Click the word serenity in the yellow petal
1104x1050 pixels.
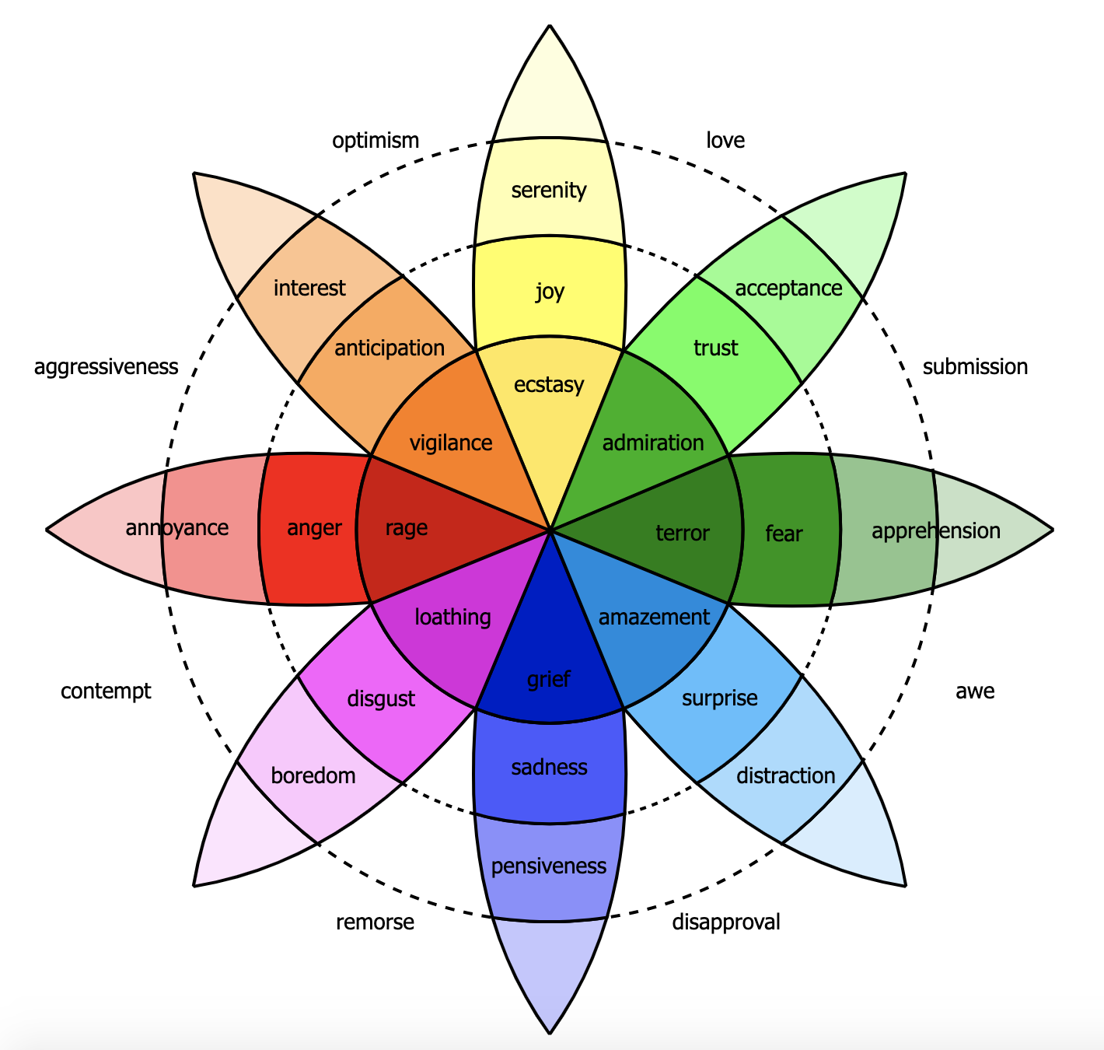tap(549, 190)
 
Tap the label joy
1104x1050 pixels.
tap(550, 292)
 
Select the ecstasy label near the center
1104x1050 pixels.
tap(549, 384)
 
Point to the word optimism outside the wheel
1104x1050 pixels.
tap(376, 141)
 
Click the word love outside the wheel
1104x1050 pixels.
tap(725, 141)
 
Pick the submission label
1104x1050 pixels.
tap(975, 366)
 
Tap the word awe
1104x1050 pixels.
tap(975, 691)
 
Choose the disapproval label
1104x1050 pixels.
tap(725, 922)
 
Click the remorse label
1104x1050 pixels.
tap(375, 922)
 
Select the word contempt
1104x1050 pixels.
tap(106, 691)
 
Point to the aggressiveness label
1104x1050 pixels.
tap(107, 366)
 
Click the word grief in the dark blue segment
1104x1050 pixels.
tap(549, 680)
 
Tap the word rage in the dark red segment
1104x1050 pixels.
tap(407, 528)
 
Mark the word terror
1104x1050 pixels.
tap(683, 533)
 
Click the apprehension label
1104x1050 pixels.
tap(936, 531)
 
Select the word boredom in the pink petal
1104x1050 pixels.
tap(313, 775)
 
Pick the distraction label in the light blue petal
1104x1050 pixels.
tap(785, 775)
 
